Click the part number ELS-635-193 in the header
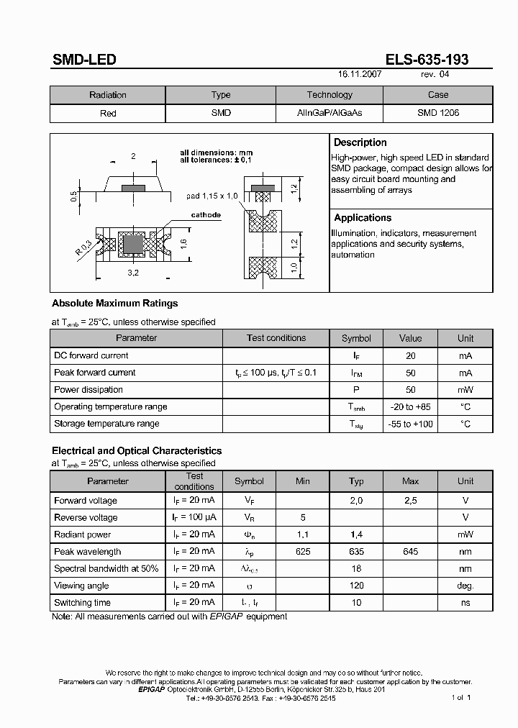427,60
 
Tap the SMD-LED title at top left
84,60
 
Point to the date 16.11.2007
360,74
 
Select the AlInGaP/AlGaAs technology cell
330,113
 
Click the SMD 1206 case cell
437,113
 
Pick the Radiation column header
108,95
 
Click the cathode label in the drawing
205,215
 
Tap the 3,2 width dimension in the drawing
133,273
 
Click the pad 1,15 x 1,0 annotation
212,196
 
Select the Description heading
360,142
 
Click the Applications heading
363,217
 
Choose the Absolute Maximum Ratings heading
114,304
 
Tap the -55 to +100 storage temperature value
411,424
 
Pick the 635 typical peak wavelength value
356,552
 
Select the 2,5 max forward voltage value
410,501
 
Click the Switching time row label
83,603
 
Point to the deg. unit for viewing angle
465,586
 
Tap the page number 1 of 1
461,698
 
